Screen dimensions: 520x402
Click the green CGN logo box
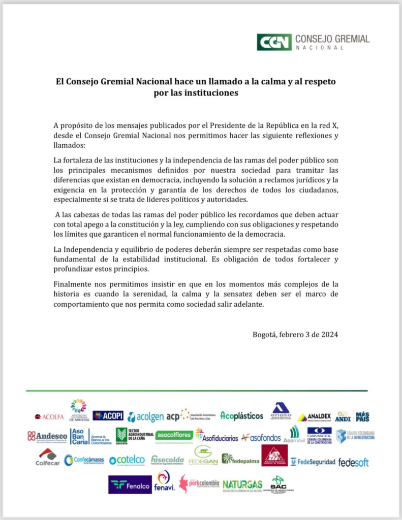274,42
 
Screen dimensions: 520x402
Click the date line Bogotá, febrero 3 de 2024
295,334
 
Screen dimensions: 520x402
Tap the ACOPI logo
108,415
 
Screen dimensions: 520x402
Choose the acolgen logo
145,417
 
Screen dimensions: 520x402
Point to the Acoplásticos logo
241,416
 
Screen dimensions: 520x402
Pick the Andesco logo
47,436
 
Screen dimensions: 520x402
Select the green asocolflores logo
174,435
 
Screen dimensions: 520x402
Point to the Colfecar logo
47,457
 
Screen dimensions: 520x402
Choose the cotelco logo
127,460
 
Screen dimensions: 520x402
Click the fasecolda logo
167,460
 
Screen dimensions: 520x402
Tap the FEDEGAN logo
203,456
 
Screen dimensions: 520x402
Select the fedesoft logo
353,462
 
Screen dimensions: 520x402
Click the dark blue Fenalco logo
130,484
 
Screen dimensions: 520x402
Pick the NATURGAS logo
242,484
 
